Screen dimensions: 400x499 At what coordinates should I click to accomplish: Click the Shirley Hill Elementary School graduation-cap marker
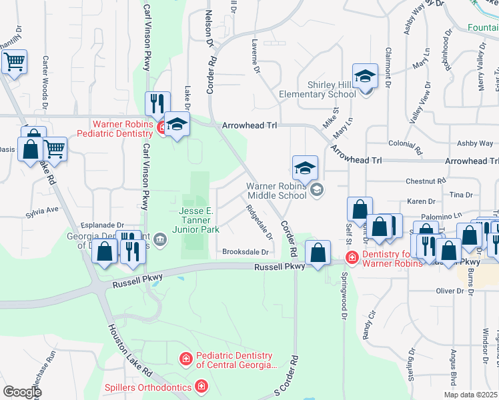(x=365, y=77)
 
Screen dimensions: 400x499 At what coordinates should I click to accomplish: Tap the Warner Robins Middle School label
(x=276, y=191)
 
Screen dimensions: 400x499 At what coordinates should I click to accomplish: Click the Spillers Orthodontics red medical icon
(x=201, y=386)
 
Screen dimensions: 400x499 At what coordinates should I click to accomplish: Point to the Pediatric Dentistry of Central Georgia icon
(x=185, y=359)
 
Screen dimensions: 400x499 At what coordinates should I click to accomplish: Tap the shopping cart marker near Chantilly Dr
(x=14, y=62)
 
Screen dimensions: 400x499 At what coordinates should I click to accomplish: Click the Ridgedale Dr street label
(x=259, y=222)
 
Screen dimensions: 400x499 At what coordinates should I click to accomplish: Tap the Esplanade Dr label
(x=101, y=225)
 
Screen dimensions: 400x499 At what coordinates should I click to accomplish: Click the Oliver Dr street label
(x=449, y=291)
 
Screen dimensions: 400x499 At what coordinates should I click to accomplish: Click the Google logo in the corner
(x=22, y=392)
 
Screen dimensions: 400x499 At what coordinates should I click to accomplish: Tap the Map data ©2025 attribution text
(x=470, y=395)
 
